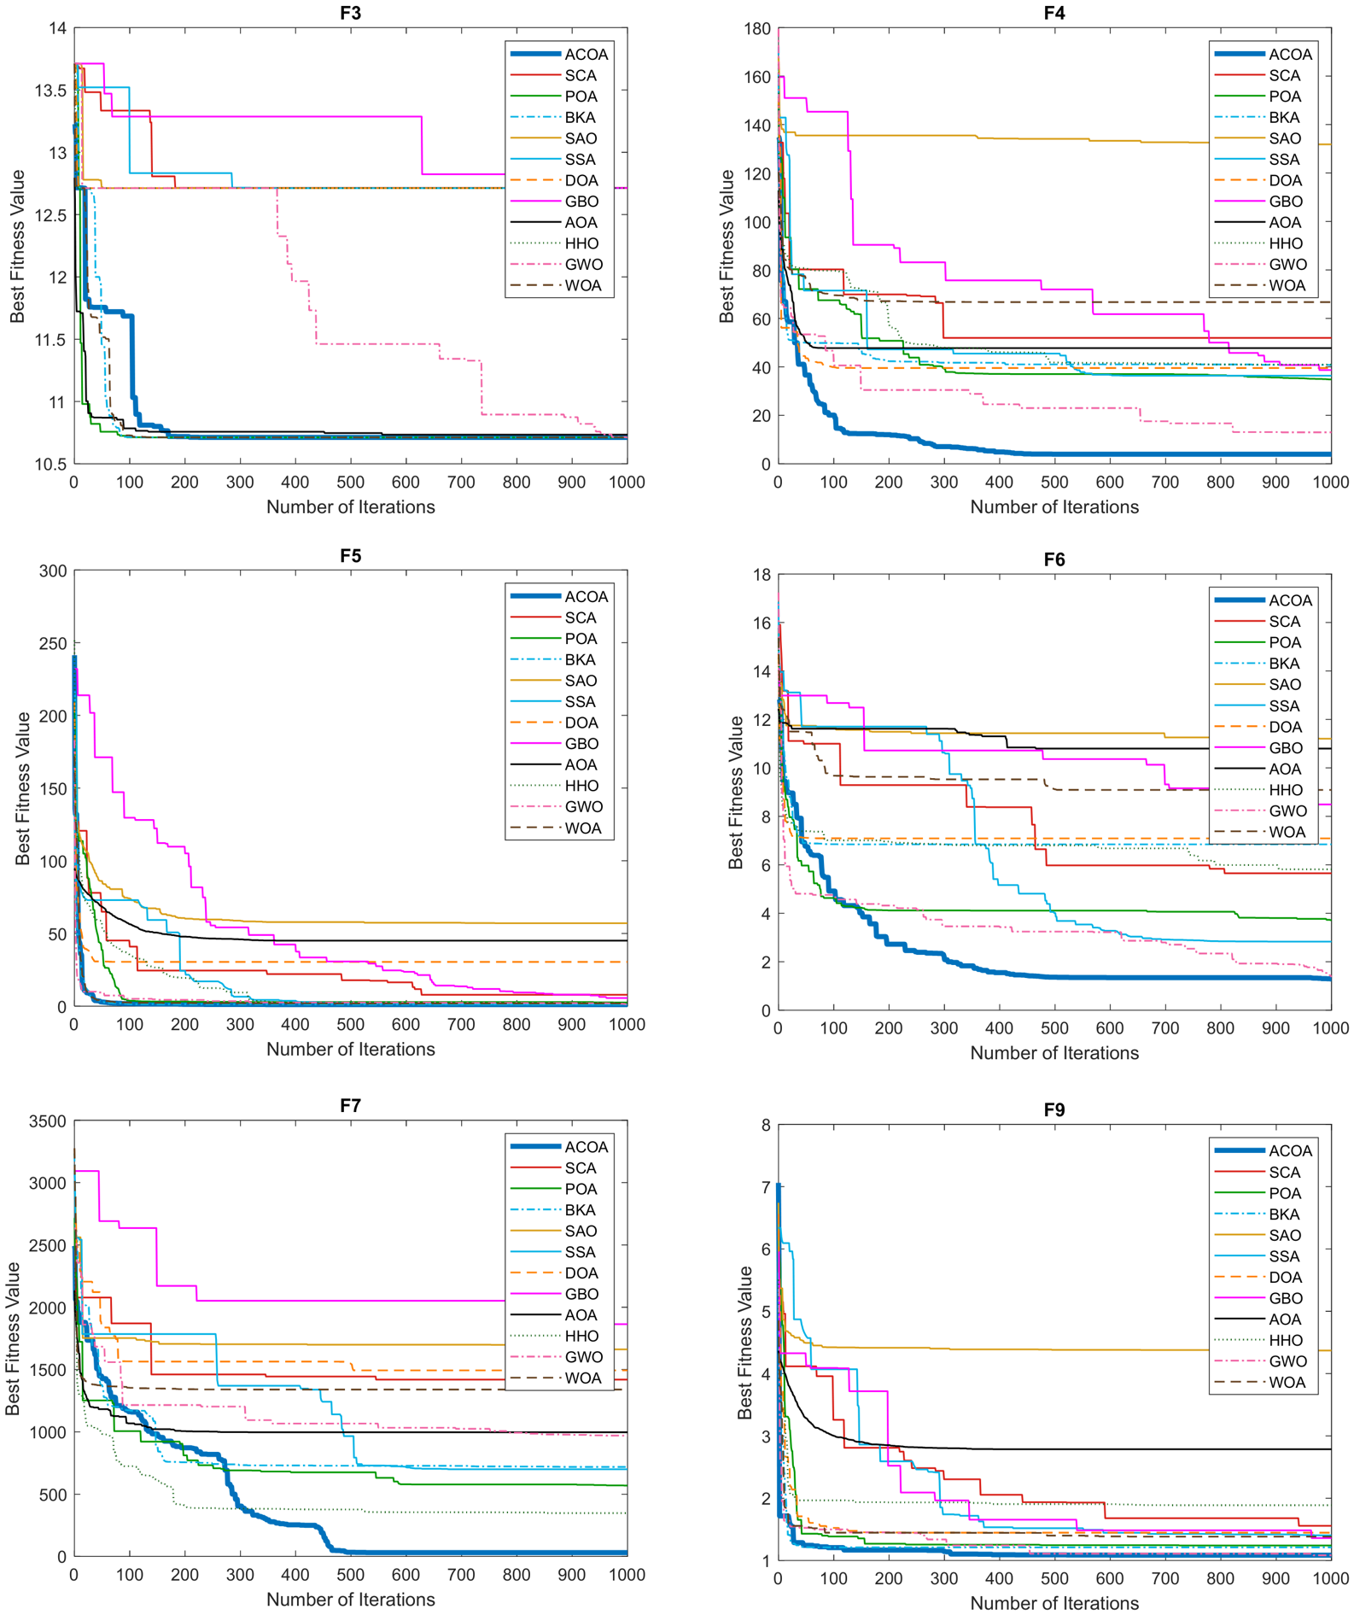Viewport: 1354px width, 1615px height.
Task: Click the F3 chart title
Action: pyautogui.click(x=350, y=13)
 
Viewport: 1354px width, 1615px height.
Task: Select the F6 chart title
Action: pyautogui.click(x=1053, y=559)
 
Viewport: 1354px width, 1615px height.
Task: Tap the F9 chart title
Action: pyautogui.click(x=1053, y=1109)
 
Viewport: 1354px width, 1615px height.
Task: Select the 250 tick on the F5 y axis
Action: pyautogui.click(x=54, y=644)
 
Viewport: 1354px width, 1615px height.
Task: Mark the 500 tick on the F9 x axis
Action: pyautogui.click(x=1054, y=1579)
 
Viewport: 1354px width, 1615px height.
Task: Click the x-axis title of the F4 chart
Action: pyautogui.click(x=1054, y=507)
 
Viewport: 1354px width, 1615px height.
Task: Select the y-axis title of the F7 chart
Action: pyautogui.click(x=13, y=1338)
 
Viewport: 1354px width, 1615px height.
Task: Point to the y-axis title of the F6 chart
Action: pyautogui.click(x=735, y=793)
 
